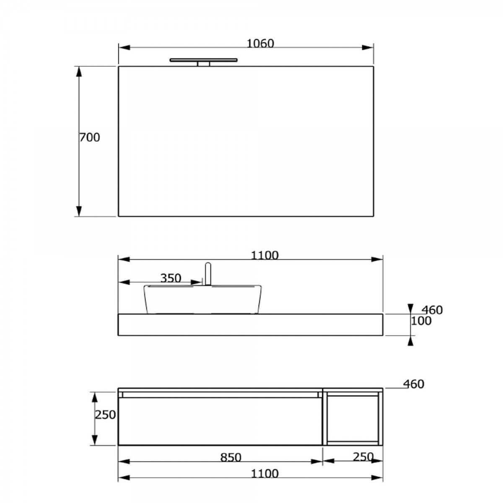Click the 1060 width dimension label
[260, 44]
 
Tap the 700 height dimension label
[90, 137]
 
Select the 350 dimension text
[171, 278]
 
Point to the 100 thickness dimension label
[421, 321]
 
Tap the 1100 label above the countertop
[264, 255]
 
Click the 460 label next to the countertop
[432, 310]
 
